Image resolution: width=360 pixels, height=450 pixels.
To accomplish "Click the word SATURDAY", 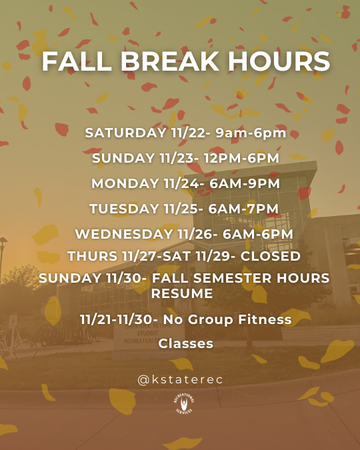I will point(123,133).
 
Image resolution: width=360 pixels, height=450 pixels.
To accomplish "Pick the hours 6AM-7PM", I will point(243,209).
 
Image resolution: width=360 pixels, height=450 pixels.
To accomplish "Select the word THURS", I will point(90,256).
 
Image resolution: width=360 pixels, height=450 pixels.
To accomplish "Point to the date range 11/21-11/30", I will point(115,320).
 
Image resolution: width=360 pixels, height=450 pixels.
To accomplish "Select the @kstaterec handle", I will point(180,379).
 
